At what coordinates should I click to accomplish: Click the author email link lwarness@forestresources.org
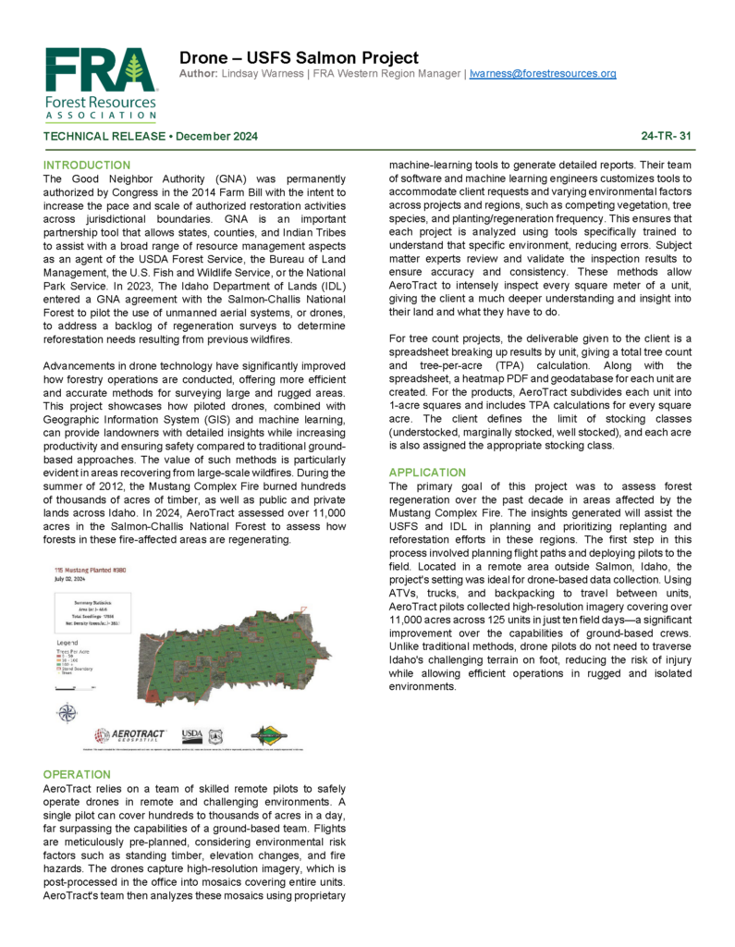click(x=543, y=73)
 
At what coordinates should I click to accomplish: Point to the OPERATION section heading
click(x=77, y=774)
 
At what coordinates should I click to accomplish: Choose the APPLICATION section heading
click(x=428, y=473)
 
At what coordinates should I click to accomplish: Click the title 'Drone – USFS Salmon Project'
click(x=299, y=57)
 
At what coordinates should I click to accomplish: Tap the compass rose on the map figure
click(x=67, y=712)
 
